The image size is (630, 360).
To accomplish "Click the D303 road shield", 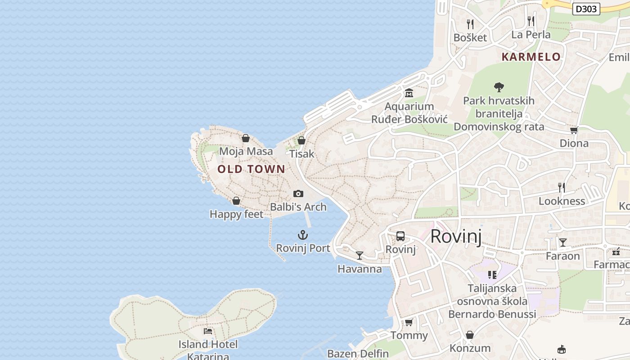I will click(x=586, y=9).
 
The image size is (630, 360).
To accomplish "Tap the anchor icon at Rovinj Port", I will click(x=303, y=235).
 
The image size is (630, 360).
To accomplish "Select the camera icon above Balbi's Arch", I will click(x=298, y=193).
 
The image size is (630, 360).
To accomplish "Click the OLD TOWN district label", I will click(x=251, y=169).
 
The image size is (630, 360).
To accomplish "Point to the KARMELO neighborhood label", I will click(x=531, y=57).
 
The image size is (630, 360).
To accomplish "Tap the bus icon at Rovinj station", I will click(x=400, y=236).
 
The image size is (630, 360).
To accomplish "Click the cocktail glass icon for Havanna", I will click(x=359, y=256).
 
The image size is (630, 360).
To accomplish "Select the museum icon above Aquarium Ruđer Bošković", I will click(x=409, y=93).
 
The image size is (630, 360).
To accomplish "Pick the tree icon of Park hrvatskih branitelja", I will click(x=499, y=87).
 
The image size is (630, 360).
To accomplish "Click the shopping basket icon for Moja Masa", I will click(x=246, y=138).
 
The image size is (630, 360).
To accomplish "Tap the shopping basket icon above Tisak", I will click(x=301, y=140).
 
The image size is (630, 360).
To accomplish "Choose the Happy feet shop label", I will click(x=236, y=214).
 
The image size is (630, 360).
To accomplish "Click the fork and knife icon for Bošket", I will click(x=470, y=24).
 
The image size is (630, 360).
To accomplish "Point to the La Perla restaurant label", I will click(x=531, y=35).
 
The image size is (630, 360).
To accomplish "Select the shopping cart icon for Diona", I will click(x=574, y=130).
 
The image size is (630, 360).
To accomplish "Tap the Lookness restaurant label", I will click(x=562, y=201).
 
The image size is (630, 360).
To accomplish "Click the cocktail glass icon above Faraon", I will click(x=562, y=243).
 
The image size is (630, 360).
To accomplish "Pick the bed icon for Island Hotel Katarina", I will click(x=208, y=331).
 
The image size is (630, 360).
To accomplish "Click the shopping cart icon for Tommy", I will click(x=409, y=322).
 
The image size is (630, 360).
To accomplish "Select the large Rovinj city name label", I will click(x=455, y=236).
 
